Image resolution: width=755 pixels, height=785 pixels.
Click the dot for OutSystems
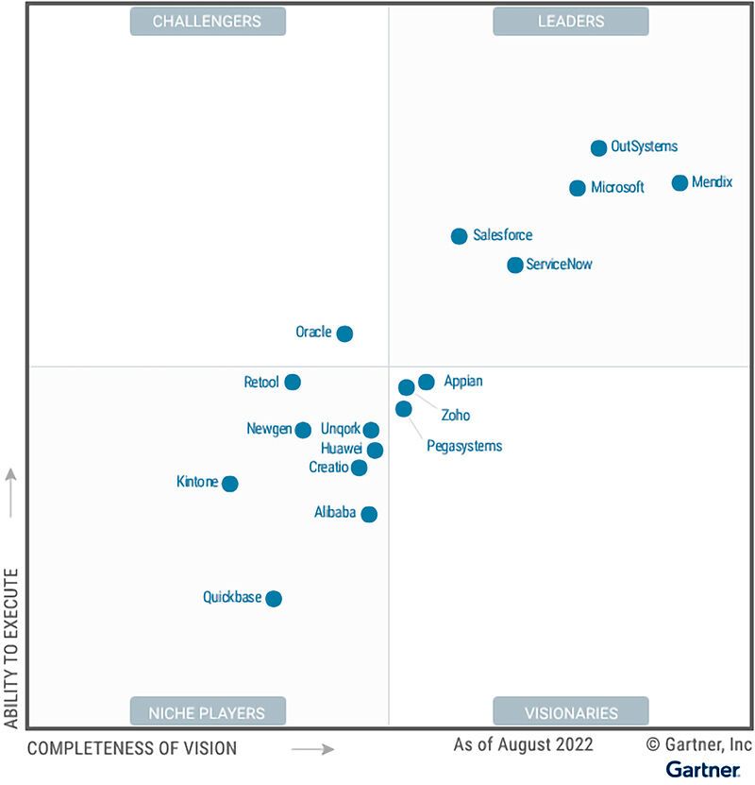598,147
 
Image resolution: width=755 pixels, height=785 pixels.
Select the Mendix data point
679,182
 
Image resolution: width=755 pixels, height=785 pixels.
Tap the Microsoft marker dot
578,188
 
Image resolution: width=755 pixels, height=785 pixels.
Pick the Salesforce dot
459,236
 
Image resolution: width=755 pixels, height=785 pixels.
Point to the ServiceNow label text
560,265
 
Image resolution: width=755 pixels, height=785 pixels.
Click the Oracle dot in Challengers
344,333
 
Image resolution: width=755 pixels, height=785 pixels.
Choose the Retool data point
293,382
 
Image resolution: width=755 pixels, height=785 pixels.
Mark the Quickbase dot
274,598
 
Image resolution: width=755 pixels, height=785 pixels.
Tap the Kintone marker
229,484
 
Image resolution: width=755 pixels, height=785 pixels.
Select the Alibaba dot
369,514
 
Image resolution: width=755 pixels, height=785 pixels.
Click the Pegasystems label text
464,446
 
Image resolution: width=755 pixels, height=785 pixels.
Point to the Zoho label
455,415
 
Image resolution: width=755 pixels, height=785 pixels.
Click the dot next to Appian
427,382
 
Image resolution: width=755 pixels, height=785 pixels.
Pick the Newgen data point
303,430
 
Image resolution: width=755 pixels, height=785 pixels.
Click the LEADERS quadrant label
570,21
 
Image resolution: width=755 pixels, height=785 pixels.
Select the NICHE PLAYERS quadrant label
207,712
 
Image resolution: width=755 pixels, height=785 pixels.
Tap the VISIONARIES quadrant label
570,712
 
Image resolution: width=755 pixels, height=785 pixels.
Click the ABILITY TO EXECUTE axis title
11,648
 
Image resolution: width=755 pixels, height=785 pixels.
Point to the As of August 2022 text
524,744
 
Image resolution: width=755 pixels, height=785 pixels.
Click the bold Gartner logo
702,769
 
